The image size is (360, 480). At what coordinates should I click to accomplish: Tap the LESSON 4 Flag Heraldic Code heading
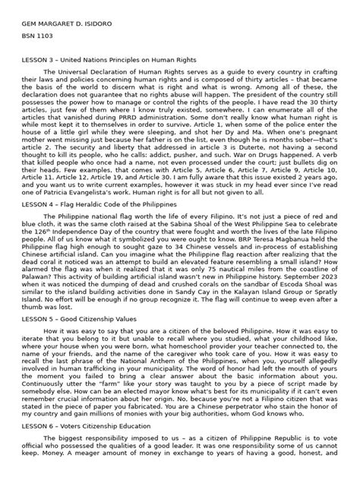(x=100, y=204)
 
